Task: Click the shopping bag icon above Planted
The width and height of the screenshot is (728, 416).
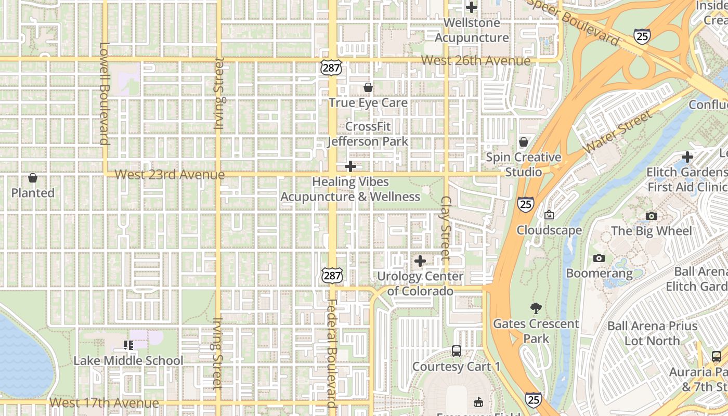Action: point(33,178)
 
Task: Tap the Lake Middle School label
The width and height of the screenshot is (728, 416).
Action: point(128,360)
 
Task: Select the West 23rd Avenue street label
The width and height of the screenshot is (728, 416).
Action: point(170,174)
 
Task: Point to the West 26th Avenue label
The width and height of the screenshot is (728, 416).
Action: point(475,60)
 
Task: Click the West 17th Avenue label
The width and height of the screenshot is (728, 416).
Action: point(104,403)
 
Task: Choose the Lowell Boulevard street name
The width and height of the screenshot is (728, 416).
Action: point(103,94)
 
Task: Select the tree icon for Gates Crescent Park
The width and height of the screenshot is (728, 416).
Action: point(536,308)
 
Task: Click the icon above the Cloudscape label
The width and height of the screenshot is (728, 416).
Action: point(549,215)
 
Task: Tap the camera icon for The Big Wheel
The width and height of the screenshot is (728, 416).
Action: point(651,216)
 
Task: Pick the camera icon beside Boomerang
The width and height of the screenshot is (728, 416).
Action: point(599,258)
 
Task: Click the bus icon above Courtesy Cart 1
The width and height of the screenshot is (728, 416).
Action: point(456,351)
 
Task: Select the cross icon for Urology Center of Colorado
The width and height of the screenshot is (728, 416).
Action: point(420,261)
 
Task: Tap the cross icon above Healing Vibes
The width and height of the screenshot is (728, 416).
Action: point(350,166)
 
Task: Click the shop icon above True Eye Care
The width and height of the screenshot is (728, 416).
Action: point(368,87)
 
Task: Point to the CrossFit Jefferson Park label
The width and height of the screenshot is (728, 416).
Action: point(368,134)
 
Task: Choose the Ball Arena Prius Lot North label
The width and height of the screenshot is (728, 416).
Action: point(652,333)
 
